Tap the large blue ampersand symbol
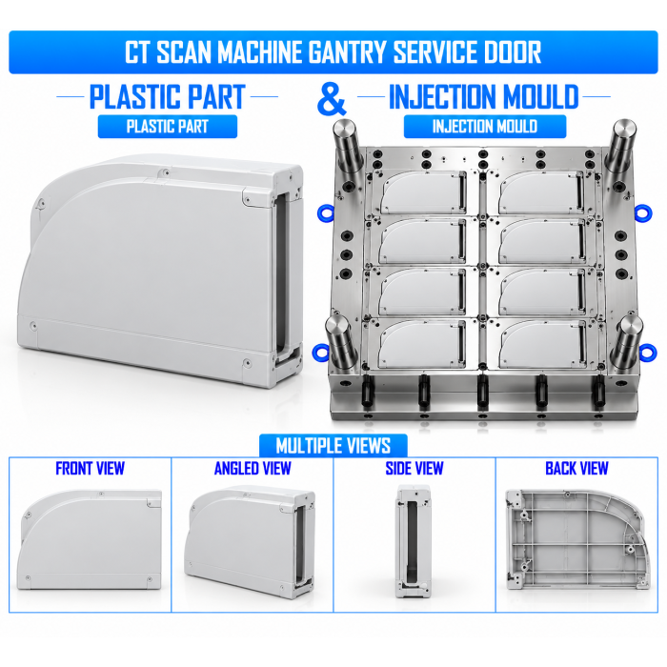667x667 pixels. click(x=332, y=99)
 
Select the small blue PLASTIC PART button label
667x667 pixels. click(x=167, y=127)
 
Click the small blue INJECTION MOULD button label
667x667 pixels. click(x=484, y=127)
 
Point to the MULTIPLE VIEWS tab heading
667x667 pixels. click(x=333, y=446)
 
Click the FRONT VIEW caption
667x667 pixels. click(x=90, y=469)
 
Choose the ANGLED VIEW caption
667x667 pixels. click(x=253, y=469)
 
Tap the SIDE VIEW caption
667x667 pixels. click(x=414, y=469)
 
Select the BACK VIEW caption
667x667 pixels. click(x=576, y=469)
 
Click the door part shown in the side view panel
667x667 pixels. click(x=414, y=540)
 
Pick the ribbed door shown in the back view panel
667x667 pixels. click(x=577, y=539)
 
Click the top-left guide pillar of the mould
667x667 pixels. click(x=347, y=147)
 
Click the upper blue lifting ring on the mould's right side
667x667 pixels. click(x=643, y=212)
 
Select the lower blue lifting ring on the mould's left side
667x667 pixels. click(x=320, y=353)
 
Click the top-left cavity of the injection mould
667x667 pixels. click(x=421, y=192)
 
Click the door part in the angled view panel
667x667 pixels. click(x=251, y=540)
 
